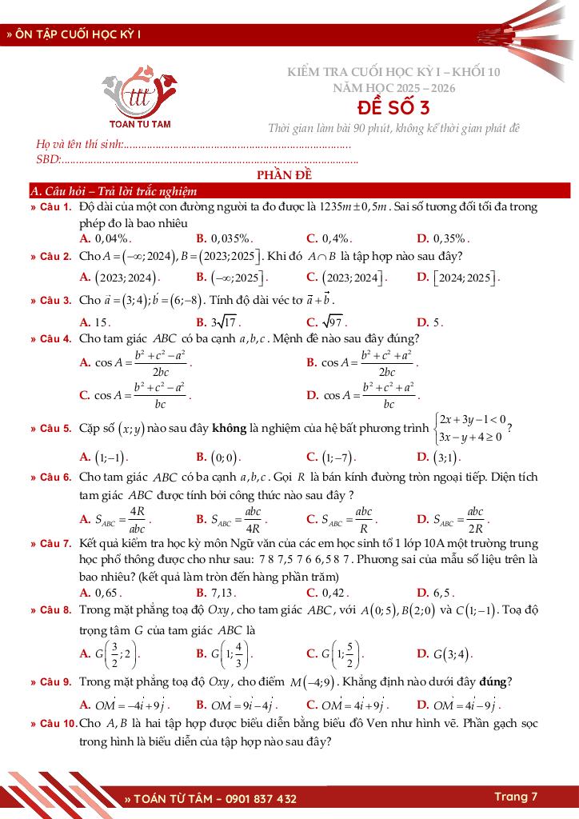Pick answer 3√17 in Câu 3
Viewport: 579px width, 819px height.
tap(226, 322)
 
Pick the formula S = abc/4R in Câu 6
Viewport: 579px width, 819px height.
tap(238, 519)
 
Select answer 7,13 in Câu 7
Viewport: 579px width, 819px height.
tap(222, 593)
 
